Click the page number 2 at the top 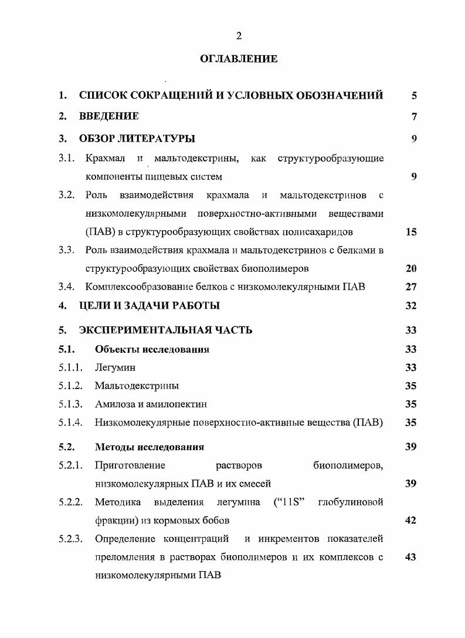coord(239,36)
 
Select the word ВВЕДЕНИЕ coord(109,116)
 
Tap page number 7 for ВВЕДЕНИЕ coord(414,116)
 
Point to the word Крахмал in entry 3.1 coord(105,158)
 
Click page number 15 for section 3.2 coord(411,232)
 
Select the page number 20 coord(411,269)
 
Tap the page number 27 coord(411,287)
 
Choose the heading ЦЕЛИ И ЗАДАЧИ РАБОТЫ coord(150,305)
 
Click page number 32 coord(411,305)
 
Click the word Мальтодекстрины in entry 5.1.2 coord(137,386)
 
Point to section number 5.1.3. coord(70,404)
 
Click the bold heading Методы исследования coord(150,447)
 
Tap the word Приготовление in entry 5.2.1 coord(130,466)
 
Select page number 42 coord(411,521)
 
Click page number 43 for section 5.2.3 coord(411,557)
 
